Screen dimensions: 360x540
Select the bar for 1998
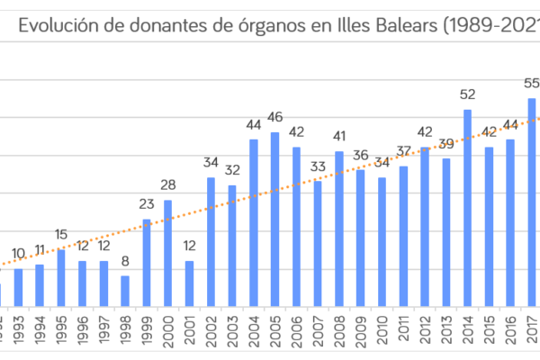[x=125, y=291]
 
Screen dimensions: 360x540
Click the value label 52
[x=468, y=94]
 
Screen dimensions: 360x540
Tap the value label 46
[x=275, y=117]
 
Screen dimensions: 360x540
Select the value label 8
[x=125, y=261]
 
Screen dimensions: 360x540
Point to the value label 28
[x=168, y=184]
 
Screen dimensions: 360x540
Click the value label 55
[x=531, y=83]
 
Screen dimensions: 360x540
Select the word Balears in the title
[x=400, y=26]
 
